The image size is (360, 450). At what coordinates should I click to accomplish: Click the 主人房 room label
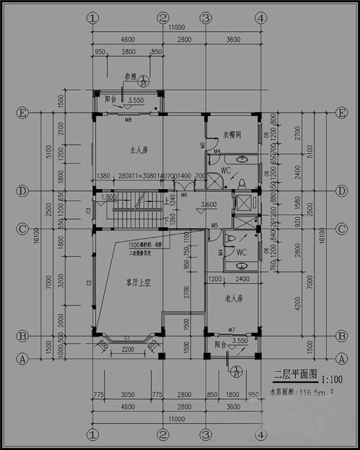(x=139, y=150)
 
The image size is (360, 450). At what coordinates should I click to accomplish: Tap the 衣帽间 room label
(x=231, y=135)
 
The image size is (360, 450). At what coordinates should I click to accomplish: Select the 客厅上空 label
(x=138, y=283)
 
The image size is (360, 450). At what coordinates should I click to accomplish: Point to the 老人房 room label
(x=231, y=298)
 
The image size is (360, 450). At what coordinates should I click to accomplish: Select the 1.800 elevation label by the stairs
(x=109, y=197)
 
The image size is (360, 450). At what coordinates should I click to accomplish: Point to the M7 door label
(x=231, y=330)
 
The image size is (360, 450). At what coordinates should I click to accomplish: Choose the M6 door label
(x=184, y=195)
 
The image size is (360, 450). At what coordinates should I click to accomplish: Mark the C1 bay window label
(x=127, y=337)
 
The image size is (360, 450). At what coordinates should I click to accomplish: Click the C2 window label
(x=89, y=282)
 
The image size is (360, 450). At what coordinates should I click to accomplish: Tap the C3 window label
(x=89, y=210)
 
